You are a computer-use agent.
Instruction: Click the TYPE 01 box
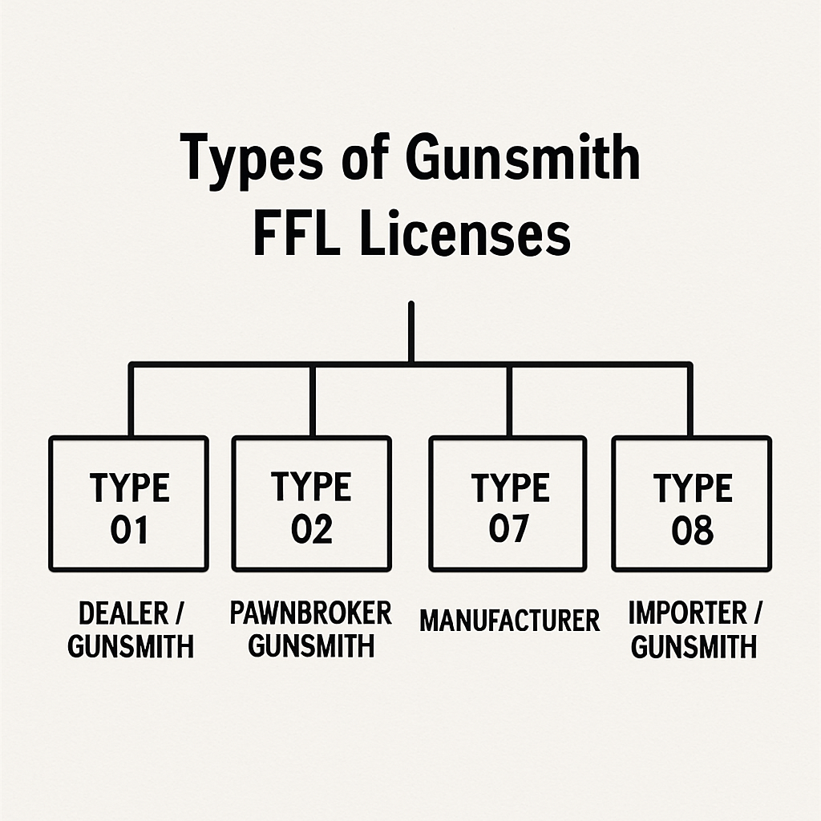pyautogui.click(x=128, y=504)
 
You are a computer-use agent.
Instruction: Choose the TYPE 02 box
pyautogui.click(x=311, y=504)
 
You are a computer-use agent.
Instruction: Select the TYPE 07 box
pyautogui.click(x=508, y=504)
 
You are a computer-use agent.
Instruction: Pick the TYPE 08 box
pyautogui.click(x=691, y=504)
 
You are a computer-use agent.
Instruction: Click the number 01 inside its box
pyautogui.click(x=128, y=530)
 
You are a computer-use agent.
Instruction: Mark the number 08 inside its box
pyautogui.click(x=691, y=530)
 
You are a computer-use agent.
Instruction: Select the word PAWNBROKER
pyautogui.click(x=311, y=613)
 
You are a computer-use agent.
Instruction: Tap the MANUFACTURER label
pyautogui.click(x=509, y=621)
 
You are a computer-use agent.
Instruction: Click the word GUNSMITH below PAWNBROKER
pyautogui.click(x=311, y=645)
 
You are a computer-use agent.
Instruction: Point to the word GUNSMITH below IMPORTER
pyautogui.click(x=694, y=646)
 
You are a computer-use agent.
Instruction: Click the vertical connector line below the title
pyautogui.click(x=410, y=332)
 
